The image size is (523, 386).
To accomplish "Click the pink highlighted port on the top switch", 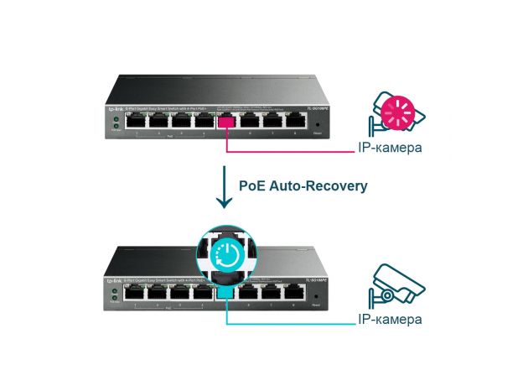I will (225, 122).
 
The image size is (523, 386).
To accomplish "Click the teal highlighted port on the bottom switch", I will (225, 293).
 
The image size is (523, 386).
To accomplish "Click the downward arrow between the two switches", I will (224, 186).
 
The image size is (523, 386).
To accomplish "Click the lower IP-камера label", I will (389, 320).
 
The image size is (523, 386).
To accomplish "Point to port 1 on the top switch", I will (136, 123).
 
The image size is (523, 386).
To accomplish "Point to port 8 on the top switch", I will (294, 123).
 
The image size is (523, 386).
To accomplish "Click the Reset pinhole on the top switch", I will (317, 124).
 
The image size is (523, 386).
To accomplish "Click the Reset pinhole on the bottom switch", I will (317, 295).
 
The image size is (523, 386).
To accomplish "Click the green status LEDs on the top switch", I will (115, 124).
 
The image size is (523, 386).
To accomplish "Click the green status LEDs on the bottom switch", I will (115, 295).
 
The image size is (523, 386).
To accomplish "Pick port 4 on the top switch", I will (204, 123).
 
